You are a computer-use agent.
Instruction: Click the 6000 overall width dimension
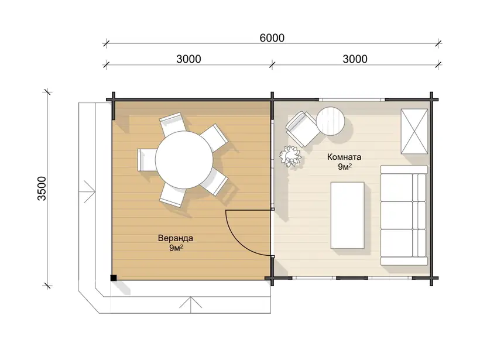(272, 38)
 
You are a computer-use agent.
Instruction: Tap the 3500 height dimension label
(42, 188)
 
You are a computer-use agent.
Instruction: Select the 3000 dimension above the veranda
(188, 59)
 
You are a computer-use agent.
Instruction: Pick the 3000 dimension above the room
(355, 59)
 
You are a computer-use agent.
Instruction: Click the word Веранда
(176, 238)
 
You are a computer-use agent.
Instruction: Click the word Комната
(344, 157)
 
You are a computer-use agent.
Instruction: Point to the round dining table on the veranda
(184, 160)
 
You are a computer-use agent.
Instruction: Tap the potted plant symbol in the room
(290, 156)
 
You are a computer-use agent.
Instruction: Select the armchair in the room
(301, 129)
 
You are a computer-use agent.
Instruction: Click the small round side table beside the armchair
(331, 121)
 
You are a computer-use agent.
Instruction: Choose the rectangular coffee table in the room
(348, 215)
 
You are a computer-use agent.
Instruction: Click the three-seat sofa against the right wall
(404, 215)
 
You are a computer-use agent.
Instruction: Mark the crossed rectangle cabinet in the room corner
(414, 131)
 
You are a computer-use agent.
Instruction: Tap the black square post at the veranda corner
(114, 277)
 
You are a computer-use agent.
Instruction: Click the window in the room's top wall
(352, 100)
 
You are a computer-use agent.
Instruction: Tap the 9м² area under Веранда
(176, 248)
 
